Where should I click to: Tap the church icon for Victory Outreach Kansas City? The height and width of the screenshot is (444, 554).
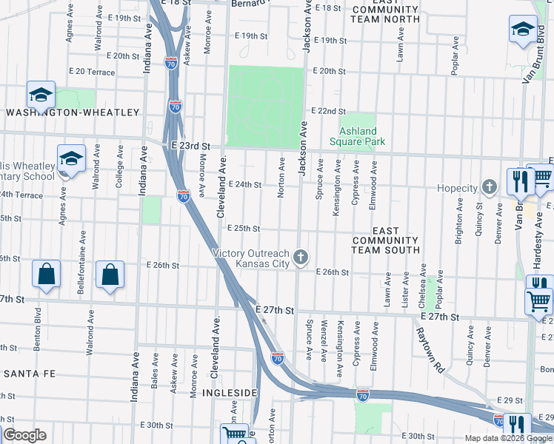300,258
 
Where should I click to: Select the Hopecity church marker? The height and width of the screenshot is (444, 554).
489,187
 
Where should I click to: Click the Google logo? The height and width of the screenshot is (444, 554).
24,434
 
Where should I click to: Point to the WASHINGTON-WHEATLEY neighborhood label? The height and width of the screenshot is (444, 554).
73,112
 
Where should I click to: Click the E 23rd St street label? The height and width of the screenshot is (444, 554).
191,147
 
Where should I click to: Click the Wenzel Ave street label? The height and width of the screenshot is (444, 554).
324,340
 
